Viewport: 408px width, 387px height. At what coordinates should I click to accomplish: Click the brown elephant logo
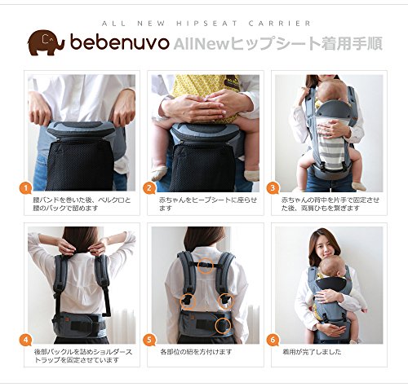(47, 42)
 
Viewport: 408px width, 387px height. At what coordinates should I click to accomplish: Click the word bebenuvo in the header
(120, 42)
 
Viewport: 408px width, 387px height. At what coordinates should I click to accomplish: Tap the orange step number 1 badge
(25, 188)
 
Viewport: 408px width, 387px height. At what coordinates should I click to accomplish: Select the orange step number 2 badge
(149, 188)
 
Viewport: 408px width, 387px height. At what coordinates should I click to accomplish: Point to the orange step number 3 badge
(273, 188)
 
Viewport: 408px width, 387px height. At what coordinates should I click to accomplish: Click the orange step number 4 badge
(25, 340)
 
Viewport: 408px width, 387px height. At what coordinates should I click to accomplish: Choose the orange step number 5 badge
(149, 340)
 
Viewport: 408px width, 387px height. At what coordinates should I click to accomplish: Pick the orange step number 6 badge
(273, 340)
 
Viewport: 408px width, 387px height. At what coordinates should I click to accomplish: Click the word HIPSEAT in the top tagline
(207, 24)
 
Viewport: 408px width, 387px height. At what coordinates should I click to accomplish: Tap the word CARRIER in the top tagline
(280, 24)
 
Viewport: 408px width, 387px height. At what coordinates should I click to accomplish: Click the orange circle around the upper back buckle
(206, 266)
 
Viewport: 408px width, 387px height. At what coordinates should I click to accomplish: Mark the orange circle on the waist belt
(223, 326)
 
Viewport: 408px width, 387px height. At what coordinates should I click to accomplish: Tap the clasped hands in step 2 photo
(201, 107)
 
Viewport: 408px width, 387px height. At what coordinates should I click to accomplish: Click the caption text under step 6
(312, 352)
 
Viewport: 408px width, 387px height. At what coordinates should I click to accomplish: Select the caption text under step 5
(196, 352)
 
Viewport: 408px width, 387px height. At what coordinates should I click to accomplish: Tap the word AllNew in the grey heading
(202, 44)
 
